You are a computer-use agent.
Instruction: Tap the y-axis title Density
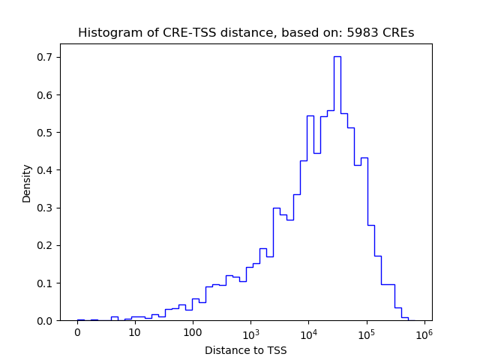click(27, 183)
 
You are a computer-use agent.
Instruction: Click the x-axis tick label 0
click(76, 332)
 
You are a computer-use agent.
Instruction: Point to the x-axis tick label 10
click(134, 332)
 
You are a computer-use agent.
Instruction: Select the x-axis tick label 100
click(192, 332)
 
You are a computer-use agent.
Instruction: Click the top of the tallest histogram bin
click(337, 57)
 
